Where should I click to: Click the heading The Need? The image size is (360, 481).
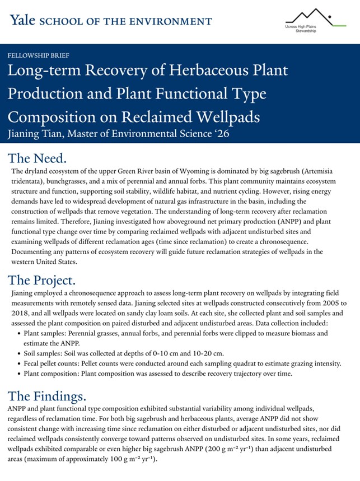[38, 157]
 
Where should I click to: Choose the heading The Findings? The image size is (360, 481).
[47, 396]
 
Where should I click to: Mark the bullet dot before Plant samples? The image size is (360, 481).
[18, 333]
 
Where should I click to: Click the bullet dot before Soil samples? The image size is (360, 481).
[18, 353]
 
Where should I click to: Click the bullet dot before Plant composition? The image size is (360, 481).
[18, 373]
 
